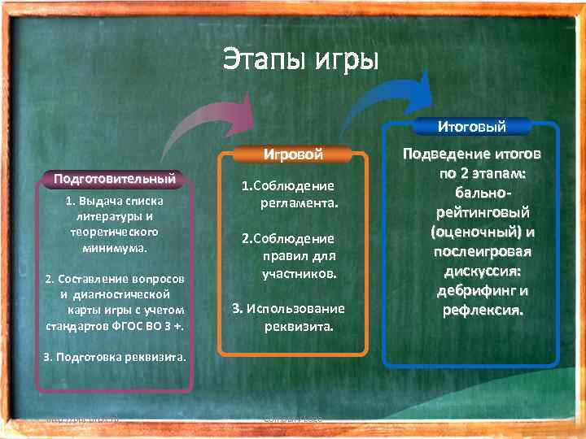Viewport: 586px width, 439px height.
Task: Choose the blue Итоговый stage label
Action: [471, 126]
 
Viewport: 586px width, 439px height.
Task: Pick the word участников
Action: [299, 274]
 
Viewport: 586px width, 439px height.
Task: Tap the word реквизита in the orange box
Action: [297, 326]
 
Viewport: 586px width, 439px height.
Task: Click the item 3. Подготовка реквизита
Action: [115, 357]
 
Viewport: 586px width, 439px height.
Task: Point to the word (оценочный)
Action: [472, 232]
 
